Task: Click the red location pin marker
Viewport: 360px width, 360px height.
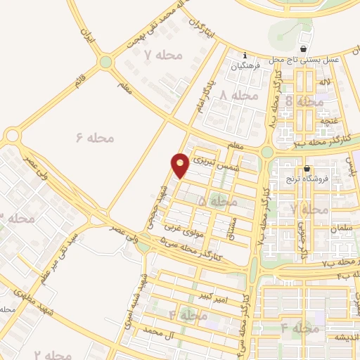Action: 181,165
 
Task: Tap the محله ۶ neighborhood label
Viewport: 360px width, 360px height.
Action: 94,137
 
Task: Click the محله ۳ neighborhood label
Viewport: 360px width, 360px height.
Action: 17,219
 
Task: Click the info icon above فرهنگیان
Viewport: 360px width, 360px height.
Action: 245,56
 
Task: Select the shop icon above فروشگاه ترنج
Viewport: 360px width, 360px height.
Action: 307,169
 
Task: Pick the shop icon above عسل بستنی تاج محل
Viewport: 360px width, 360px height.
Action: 303,49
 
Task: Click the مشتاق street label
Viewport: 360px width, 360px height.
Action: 234,225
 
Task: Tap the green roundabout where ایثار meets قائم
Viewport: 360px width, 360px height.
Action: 105,62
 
